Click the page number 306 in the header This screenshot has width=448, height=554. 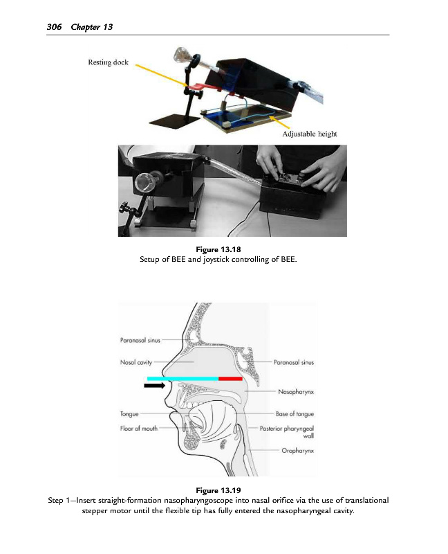[54, 26]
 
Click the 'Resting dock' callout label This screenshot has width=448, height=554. [107, 62]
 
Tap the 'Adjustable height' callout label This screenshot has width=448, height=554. [310, 134]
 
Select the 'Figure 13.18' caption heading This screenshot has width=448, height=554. [223, 250]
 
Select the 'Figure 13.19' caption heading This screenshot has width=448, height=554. [223, 491]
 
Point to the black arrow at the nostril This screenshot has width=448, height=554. [158, 386]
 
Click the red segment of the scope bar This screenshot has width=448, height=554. [230, 379]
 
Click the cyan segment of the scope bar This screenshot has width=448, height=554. [183, 379]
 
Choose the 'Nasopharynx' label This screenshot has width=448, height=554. [295, 391]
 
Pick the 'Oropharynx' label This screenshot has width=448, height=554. [298, 451]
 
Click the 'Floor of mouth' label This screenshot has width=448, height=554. [140, 429]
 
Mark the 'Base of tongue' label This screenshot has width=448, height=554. [295, 414]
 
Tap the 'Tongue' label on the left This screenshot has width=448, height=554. [129, 414]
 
